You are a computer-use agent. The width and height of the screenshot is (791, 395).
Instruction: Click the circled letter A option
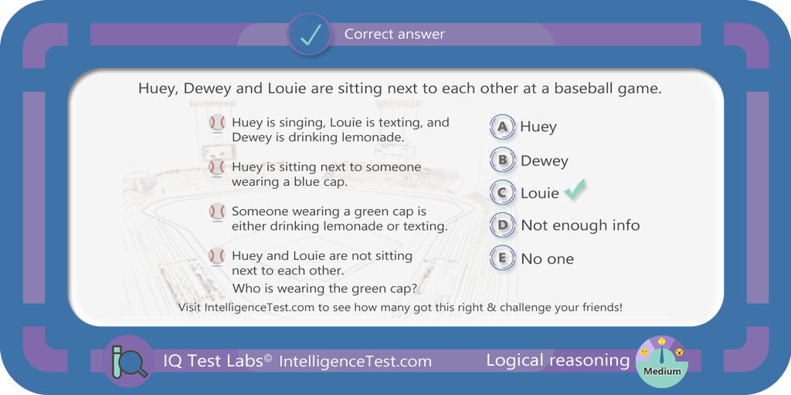point(502,127)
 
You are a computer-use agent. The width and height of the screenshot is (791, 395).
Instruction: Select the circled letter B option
point(502,160)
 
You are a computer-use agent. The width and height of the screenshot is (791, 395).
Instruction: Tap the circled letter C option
point(502,193)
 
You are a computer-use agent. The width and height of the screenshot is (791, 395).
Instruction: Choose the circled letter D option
point(502,225)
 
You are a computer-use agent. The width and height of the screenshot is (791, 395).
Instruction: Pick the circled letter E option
point(502,258)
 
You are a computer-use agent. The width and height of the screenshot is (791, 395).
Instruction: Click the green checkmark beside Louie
point(574,190)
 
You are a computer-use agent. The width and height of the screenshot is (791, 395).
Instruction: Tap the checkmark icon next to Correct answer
point(309,34)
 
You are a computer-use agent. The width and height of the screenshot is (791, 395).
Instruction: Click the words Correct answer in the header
point(395,34)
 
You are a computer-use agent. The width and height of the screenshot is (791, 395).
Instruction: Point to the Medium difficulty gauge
point(661,361)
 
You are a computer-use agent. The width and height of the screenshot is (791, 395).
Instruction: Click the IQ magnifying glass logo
point(128,361)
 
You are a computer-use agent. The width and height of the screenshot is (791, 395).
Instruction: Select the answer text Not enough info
point(580,225)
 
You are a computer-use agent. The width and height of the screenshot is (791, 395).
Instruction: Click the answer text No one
point(548,259)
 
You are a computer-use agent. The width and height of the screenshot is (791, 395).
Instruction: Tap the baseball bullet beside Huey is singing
point(217,123)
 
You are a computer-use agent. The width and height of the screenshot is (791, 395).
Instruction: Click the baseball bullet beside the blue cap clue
point(217,167)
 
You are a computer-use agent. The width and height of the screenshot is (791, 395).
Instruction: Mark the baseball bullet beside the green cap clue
point(217,212)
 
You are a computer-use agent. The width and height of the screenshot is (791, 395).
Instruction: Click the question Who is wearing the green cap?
point(324,289)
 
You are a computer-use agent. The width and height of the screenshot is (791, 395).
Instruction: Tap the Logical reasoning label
point(558,360)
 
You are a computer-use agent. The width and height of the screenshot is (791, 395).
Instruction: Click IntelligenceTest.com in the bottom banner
point(355,361)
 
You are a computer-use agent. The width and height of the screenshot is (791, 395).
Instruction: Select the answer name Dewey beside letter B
point(545,160)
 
